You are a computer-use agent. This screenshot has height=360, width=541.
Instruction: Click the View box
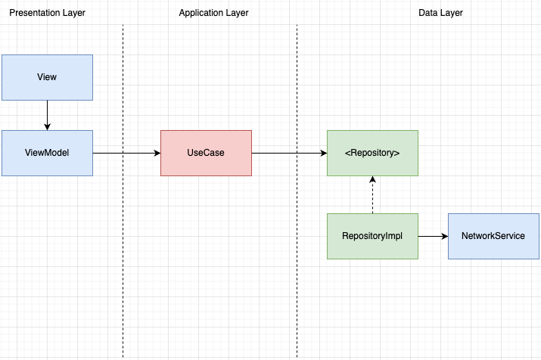[x=47, y=78]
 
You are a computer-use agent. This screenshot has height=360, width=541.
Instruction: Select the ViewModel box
[x=47, y=153]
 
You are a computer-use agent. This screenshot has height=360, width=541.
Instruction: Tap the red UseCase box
[x=206, y=153]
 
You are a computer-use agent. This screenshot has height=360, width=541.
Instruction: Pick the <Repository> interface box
[x=372, y=153]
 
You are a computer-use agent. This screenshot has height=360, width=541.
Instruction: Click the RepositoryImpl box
[x=372, y=236]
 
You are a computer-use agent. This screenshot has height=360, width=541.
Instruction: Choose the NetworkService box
[x=493, y=236]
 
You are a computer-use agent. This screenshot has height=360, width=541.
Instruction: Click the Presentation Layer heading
[x=47, y=13]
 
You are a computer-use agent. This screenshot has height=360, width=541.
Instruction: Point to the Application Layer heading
[x=213, y=13]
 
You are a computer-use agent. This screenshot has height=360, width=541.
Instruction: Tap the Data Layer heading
[x=440, y=13]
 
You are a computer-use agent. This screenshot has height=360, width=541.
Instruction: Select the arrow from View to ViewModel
[x=47, y=115]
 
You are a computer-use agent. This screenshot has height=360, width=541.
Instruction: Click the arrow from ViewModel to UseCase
[x=126, y=153]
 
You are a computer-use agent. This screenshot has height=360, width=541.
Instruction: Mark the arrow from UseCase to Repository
[x=290, y=153]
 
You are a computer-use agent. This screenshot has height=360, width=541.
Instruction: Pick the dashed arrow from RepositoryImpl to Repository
[x=372, y=195]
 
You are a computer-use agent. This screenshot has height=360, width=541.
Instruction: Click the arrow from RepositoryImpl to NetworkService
[x=433, y=236]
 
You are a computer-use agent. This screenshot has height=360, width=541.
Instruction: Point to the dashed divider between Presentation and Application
[x=123, y=191]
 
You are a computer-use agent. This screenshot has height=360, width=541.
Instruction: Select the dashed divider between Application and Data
[x=297, y=191]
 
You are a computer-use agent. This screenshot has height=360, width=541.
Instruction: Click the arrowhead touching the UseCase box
[x=157, y=153]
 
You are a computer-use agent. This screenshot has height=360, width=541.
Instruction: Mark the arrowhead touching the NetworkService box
[x=445, y=236]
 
